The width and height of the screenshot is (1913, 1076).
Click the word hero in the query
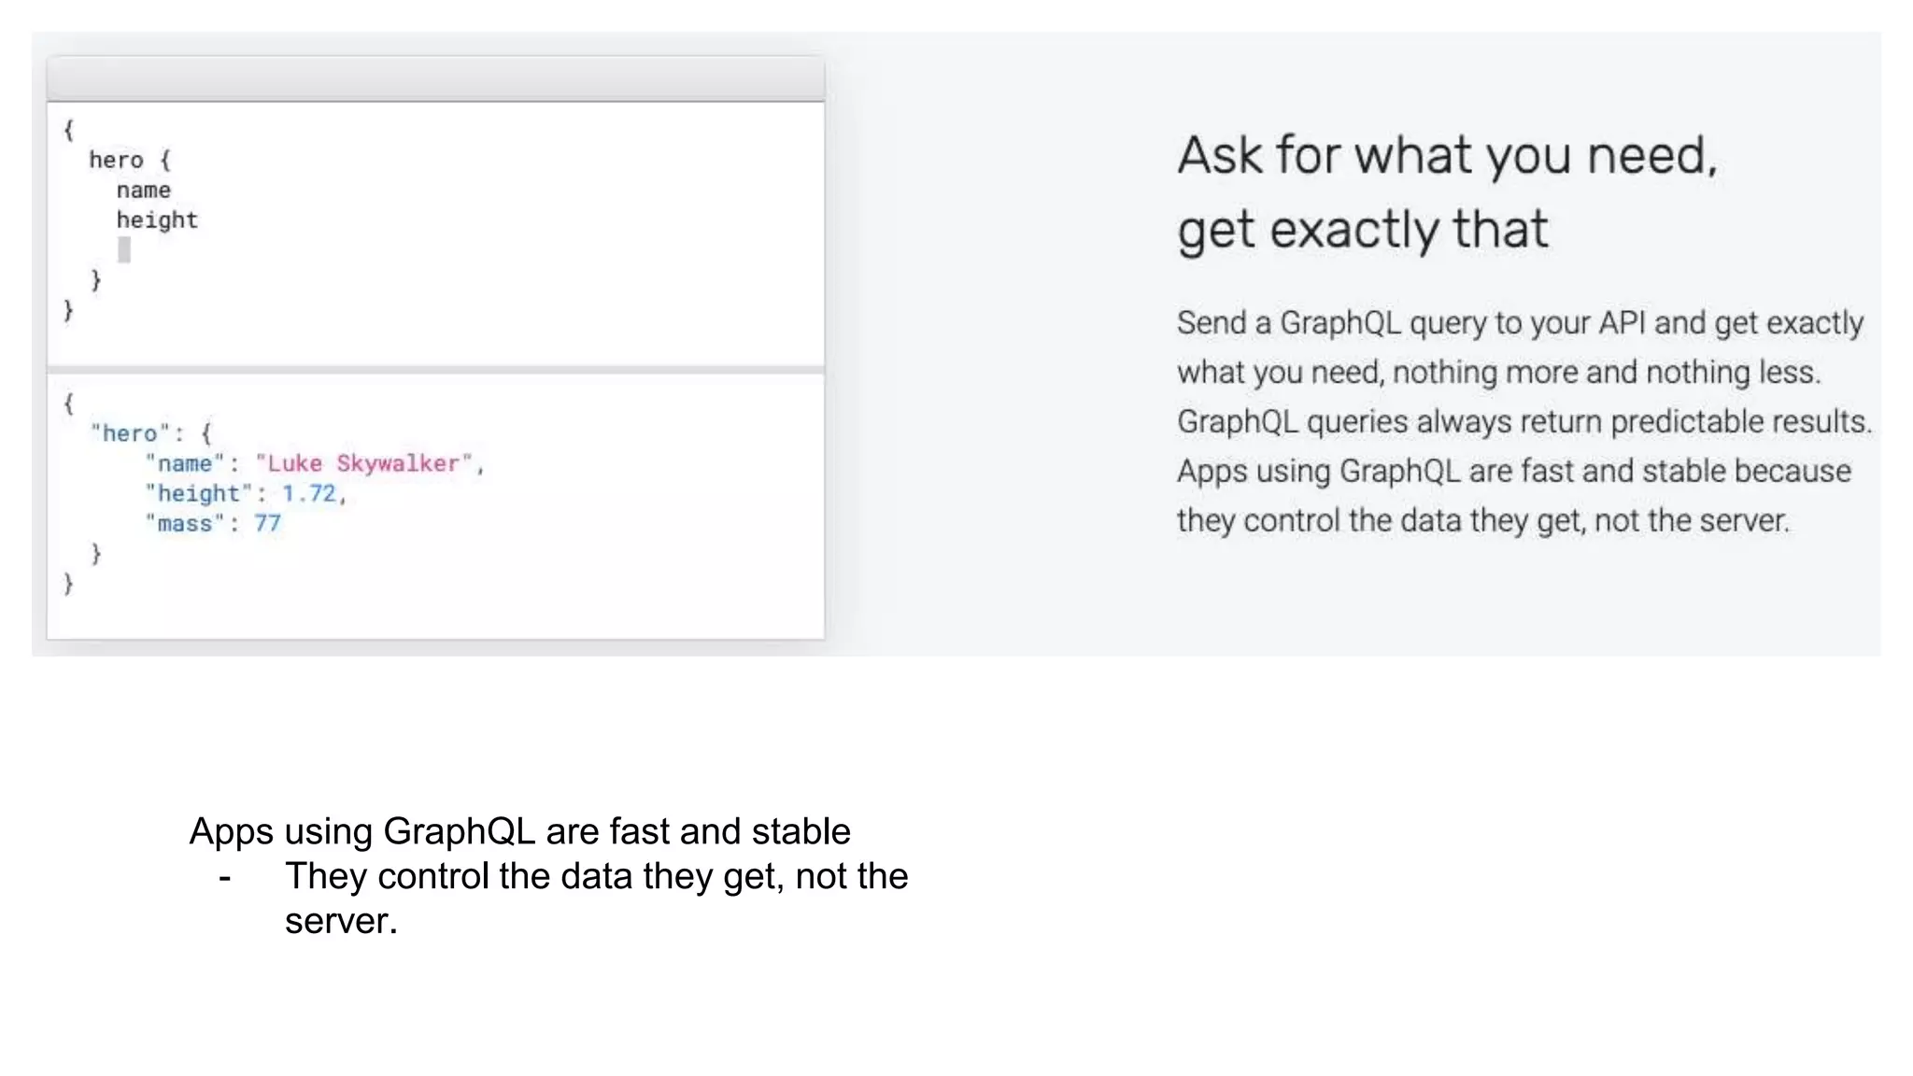click(x=116, y=160)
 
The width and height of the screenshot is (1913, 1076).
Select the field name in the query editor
click(x=143, y=191)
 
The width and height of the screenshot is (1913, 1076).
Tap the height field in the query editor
click(x=157, y=220)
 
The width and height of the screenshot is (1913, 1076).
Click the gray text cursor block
click(x=124, y=249)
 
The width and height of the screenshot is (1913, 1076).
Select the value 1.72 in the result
click(x=308, y=493)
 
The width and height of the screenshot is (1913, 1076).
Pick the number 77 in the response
click(x=267, y=523)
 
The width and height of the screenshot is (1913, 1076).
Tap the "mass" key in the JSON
click(x=185, y=523)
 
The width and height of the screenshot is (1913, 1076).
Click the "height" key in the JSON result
click(x=198, y=493)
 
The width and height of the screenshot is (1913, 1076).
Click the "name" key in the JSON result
click(x=185, y=463)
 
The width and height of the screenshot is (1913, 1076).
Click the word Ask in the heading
click(x=1219, y=155)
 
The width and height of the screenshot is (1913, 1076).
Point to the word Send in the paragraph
click(x=1212, y=322)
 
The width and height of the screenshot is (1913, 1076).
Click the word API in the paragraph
click(x=1622, y=322)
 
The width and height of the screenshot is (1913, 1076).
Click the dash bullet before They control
click(x=224, y=877)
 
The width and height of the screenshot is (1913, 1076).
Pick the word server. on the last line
click(x=341, y=921)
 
